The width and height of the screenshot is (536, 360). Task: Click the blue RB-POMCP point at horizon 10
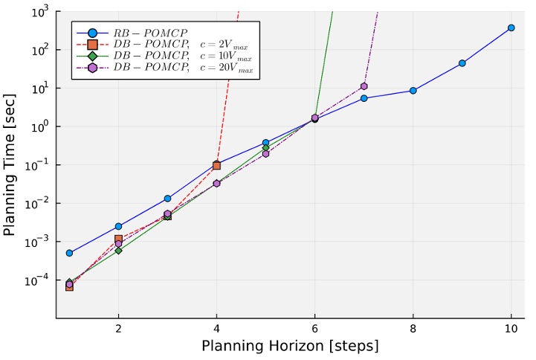click(x=511, y=28)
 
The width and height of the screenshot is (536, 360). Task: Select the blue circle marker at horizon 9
click(x=462, y=63)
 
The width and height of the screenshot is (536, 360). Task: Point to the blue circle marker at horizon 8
click(x=413, y=91)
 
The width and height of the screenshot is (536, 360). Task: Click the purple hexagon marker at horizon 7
click(x=364, y=86)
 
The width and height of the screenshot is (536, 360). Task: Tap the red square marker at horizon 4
click(x=216, y=165)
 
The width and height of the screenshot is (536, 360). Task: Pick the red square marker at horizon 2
click(x=118, y=239)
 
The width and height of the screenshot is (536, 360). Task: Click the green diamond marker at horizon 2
click(x=118, y=251)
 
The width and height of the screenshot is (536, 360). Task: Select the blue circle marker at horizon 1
click(x=69, y=253)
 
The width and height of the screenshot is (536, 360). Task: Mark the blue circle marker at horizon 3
click(x=167, y=199)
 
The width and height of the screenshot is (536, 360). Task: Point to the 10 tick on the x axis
click(x=511, y=329)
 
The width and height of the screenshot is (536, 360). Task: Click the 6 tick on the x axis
click(x=315, y=329)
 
